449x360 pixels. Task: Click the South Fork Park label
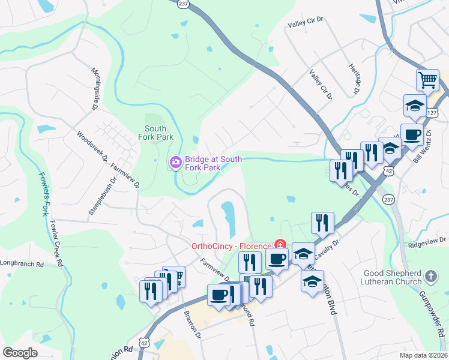click(159, 133)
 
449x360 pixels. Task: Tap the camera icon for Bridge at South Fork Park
click(176, 162)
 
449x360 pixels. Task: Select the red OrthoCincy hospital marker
click(279, 245)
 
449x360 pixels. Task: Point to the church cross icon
click(430, 276)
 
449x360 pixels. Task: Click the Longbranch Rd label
click(22, 263)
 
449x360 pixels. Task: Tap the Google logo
click(20, 353)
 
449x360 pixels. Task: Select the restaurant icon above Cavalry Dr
click(322, 223)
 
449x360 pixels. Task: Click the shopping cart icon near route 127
click(427, 79)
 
